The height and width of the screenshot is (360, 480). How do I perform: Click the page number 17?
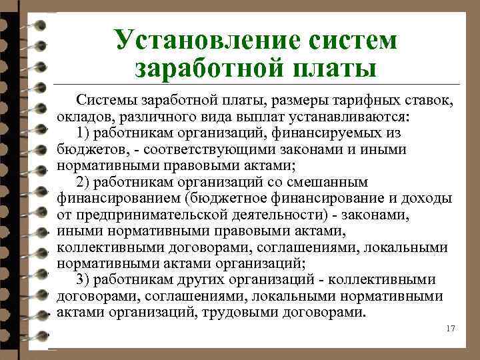[449, 329]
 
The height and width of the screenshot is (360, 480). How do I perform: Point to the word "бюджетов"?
[84, 149]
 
